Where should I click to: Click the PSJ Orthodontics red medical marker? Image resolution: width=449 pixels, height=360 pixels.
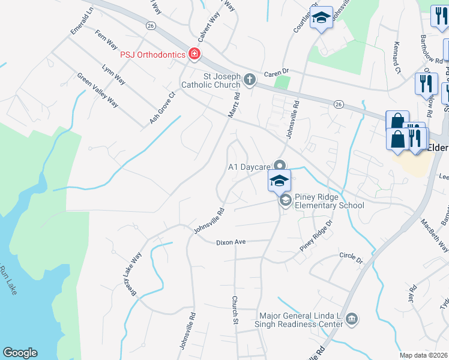tap(194, 55)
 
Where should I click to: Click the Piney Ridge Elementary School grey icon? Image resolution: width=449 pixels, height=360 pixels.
tap(285, 200)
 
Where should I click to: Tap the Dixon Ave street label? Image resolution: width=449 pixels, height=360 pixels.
tap(232, 242)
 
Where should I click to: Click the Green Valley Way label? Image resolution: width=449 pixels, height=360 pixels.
tap(97, 90)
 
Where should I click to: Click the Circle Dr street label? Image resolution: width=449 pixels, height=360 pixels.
tap(351, 258)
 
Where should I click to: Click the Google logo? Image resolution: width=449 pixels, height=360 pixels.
tap(20, 353)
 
